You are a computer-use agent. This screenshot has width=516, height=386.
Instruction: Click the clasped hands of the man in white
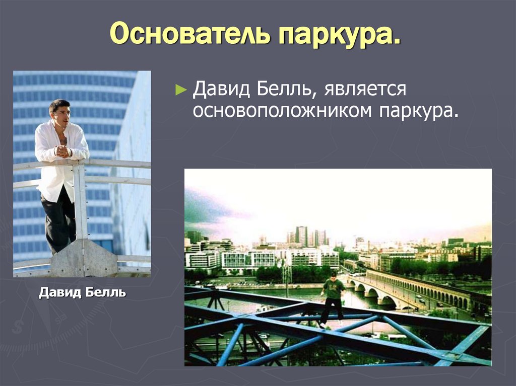point(62,150)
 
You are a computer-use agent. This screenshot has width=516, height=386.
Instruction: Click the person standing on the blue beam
point(332,299)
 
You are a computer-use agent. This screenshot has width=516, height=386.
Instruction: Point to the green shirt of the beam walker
point(333,289)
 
